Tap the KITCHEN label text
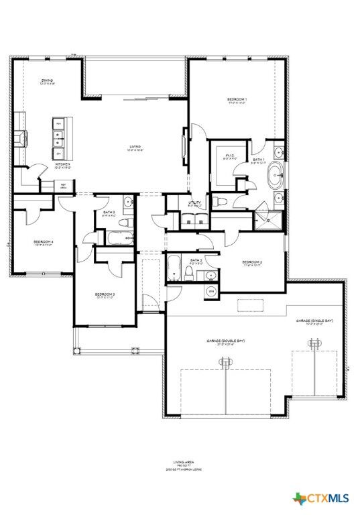click(x=64, y=164)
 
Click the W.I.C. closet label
click(x=229, y=155)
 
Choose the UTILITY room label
click(x=194, y=202)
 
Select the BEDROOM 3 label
click(x=105, y=294)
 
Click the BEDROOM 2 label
click(x=251, y=262)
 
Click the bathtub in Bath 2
click(x=173, y=268)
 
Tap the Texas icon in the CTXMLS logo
click(x=299, y=498)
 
